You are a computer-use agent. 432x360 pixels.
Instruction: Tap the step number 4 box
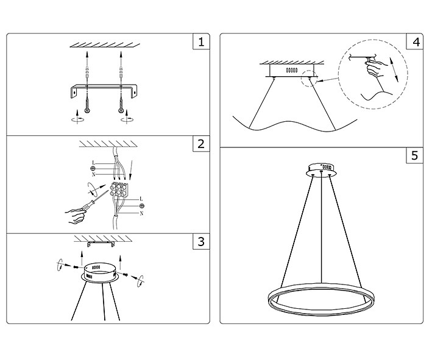point(415,42)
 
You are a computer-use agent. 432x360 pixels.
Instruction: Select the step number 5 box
point(415,155)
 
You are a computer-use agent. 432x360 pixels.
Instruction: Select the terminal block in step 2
point(119,191)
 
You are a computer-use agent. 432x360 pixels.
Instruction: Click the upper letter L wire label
point(93,162)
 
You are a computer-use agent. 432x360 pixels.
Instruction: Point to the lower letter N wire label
point(141,214)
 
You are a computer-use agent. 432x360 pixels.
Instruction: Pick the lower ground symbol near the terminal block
point(141,206)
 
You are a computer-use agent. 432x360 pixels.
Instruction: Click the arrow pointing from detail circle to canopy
point(330,79)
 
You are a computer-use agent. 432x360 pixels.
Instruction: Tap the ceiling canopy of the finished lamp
point(320,168)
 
